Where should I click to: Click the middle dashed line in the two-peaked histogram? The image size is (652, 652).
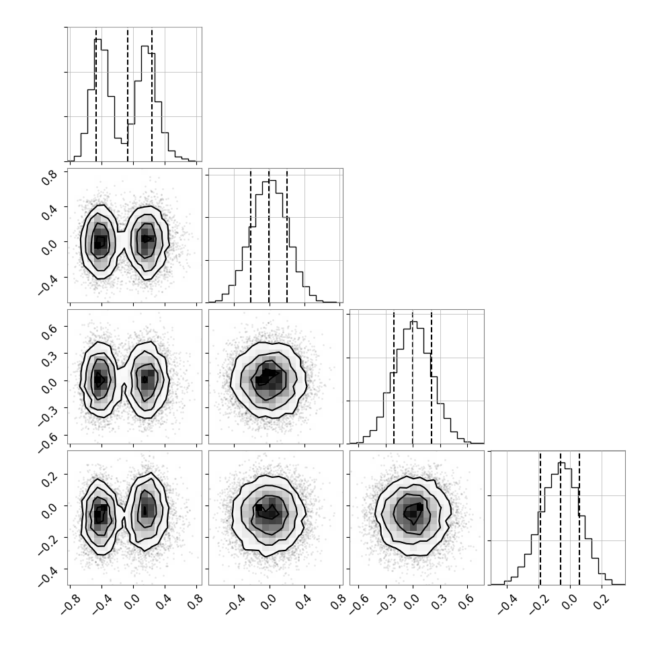[x=128, y=94]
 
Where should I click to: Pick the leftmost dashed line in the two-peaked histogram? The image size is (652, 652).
[x=96, y=94]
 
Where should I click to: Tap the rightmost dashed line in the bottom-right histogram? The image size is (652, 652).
[x=579, y=518]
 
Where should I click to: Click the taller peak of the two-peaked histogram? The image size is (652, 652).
[x=97, y=39]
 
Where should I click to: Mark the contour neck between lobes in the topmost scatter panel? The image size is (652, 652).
[x=122, y=240]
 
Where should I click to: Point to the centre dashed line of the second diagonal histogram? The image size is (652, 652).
[x=269, y=235]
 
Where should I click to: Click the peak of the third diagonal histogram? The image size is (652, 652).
[x=413, y=321]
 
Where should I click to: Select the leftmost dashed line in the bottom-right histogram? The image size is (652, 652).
[x=540, y=518]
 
